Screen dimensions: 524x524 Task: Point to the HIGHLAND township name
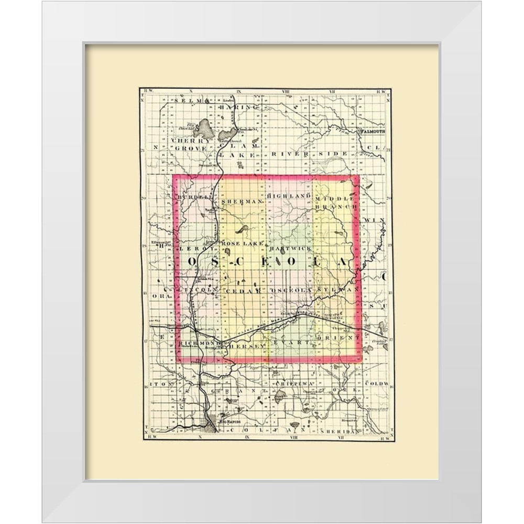[286, 195]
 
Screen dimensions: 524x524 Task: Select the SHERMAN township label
[241, 201]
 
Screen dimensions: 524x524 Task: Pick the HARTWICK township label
[286, 246]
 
